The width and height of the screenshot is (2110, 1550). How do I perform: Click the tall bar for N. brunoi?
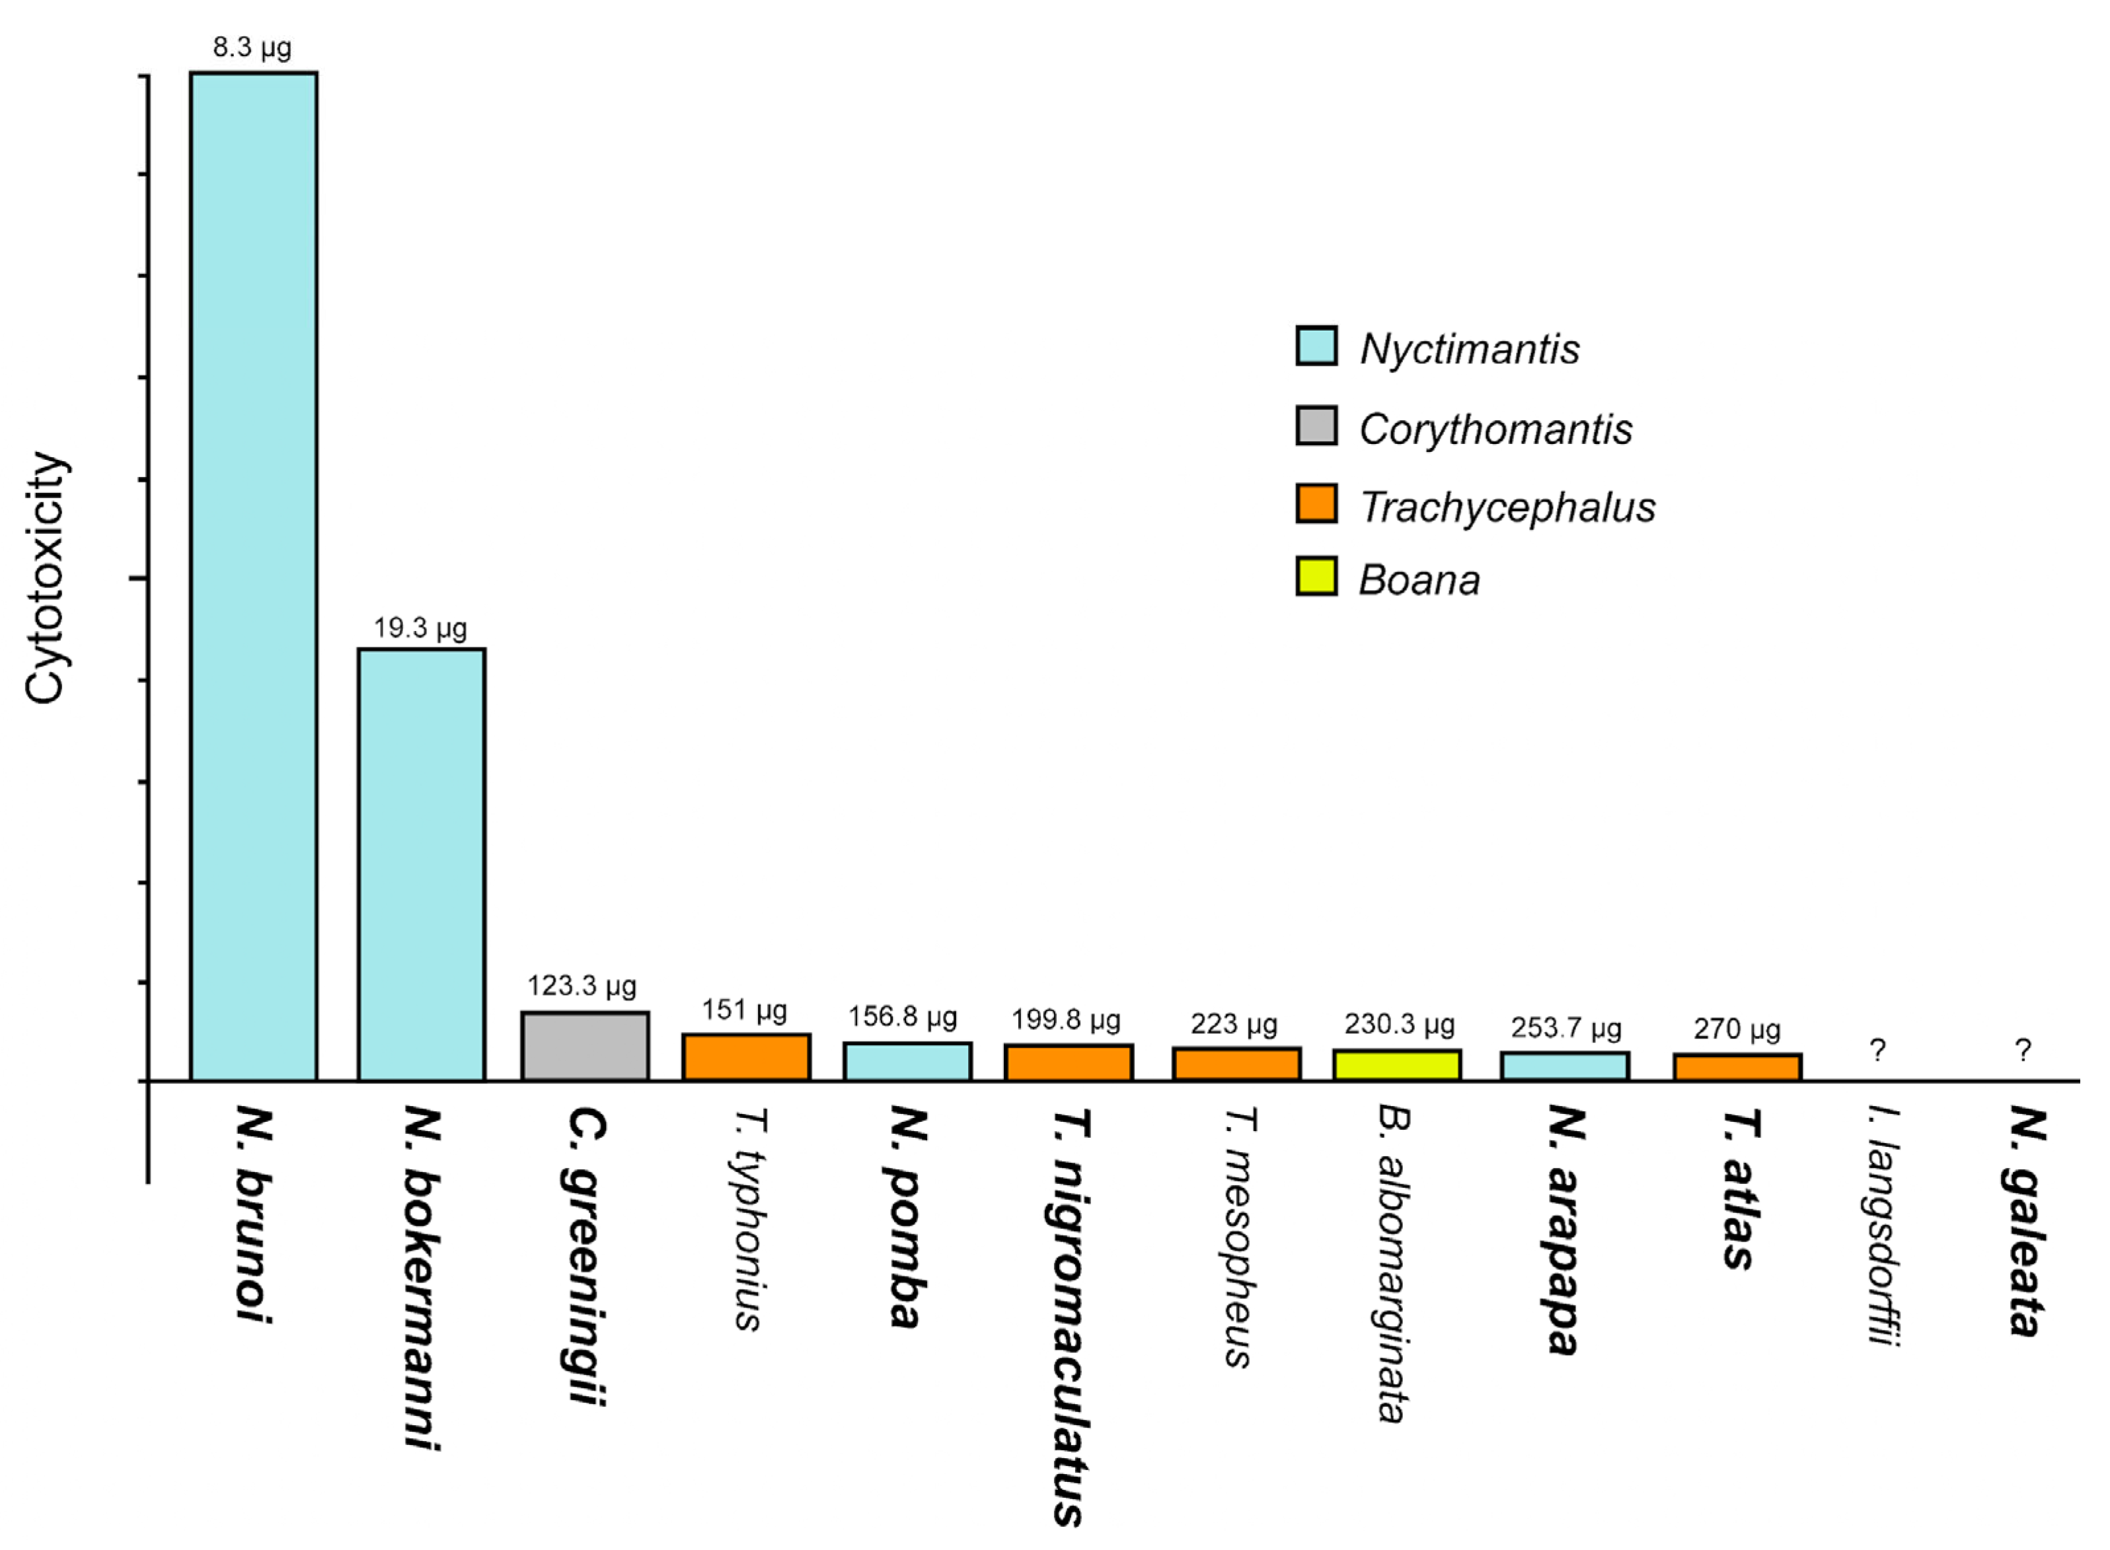[x=253, y=575]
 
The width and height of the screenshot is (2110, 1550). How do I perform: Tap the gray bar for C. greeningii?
[x=584, y=1046]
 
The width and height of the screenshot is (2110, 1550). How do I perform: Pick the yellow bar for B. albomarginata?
[x=1396, y=1065]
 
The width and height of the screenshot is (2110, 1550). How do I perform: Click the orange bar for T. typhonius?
[x=746, y=1056]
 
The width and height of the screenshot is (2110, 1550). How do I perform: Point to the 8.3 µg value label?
[x=251, y=47]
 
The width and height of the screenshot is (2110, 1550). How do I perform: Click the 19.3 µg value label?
[x=420, y=627]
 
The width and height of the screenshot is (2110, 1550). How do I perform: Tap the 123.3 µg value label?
[x=581, y=985]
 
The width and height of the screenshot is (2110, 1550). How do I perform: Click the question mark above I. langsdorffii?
[x=1876, y=1050]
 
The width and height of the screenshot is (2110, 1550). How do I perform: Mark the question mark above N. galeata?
[x=2023, y=1050]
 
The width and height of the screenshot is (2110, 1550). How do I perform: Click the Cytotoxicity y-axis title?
[x=45, y=577]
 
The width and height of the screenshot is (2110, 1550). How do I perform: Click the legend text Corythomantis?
[x=1495, y=429]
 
